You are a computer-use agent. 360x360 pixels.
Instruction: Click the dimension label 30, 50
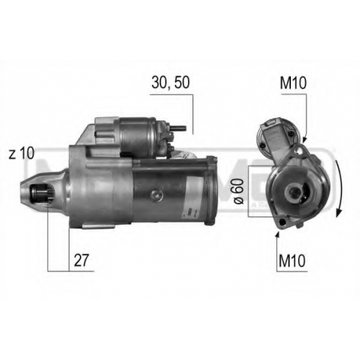pos(171,82)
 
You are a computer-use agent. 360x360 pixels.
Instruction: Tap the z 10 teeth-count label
pos(22,153)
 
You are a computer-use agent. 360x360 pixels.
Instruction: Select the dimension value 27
pos(81,260)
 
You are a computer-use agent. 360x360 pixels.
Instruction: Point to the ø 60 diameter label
pos(238,192)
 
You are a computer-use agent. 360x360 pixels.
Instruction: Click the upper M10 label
pos(293,83)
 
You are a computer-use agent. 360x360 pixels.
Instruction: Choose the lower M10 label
pos(292,261)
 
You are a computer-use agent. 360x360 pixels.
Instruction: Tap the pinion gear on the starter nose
pos(41,193)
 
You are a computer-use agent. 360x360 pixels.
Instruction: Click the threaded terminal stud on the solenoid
pos(179,128)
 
